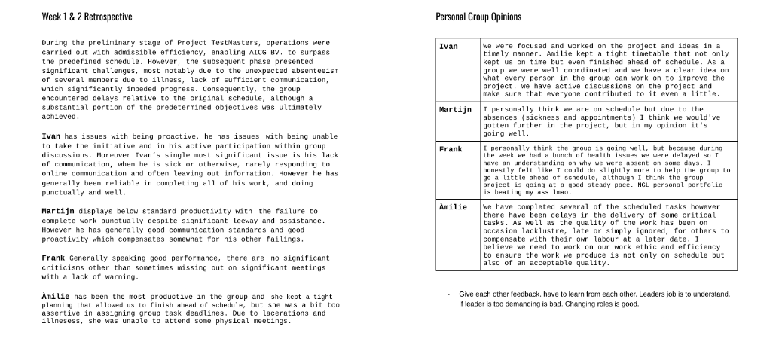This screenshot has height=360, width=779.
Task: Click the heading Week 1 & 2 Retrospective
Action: point(87,17)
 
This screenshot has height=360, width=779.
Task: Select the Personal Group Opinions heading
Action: point(478,17)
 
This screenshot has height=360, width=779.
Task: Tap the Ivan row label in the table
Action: point(448,47)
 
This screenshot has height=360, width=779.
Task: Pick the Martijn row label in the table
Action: point(455,110)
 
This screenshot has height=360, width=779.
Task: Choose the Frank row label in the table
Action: point(451,149)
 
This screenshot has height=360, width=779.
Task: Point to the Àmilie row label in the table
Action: point(453,206)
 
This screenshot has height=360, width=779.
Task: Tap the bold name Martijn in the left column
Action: point(58,211)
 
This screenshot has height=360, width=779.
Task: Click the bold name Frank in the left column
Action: point(53,258)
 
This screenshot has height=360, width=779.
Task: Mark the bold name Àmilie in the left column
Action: point(56,297)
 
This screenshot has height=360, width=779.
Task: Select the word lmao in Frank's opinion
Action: point(554,192)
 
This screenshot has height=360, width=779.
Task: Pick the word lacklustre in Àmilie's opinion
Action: point(542,231)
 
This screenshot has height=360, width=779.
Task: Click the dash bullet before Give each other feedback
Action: point(448,294)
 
